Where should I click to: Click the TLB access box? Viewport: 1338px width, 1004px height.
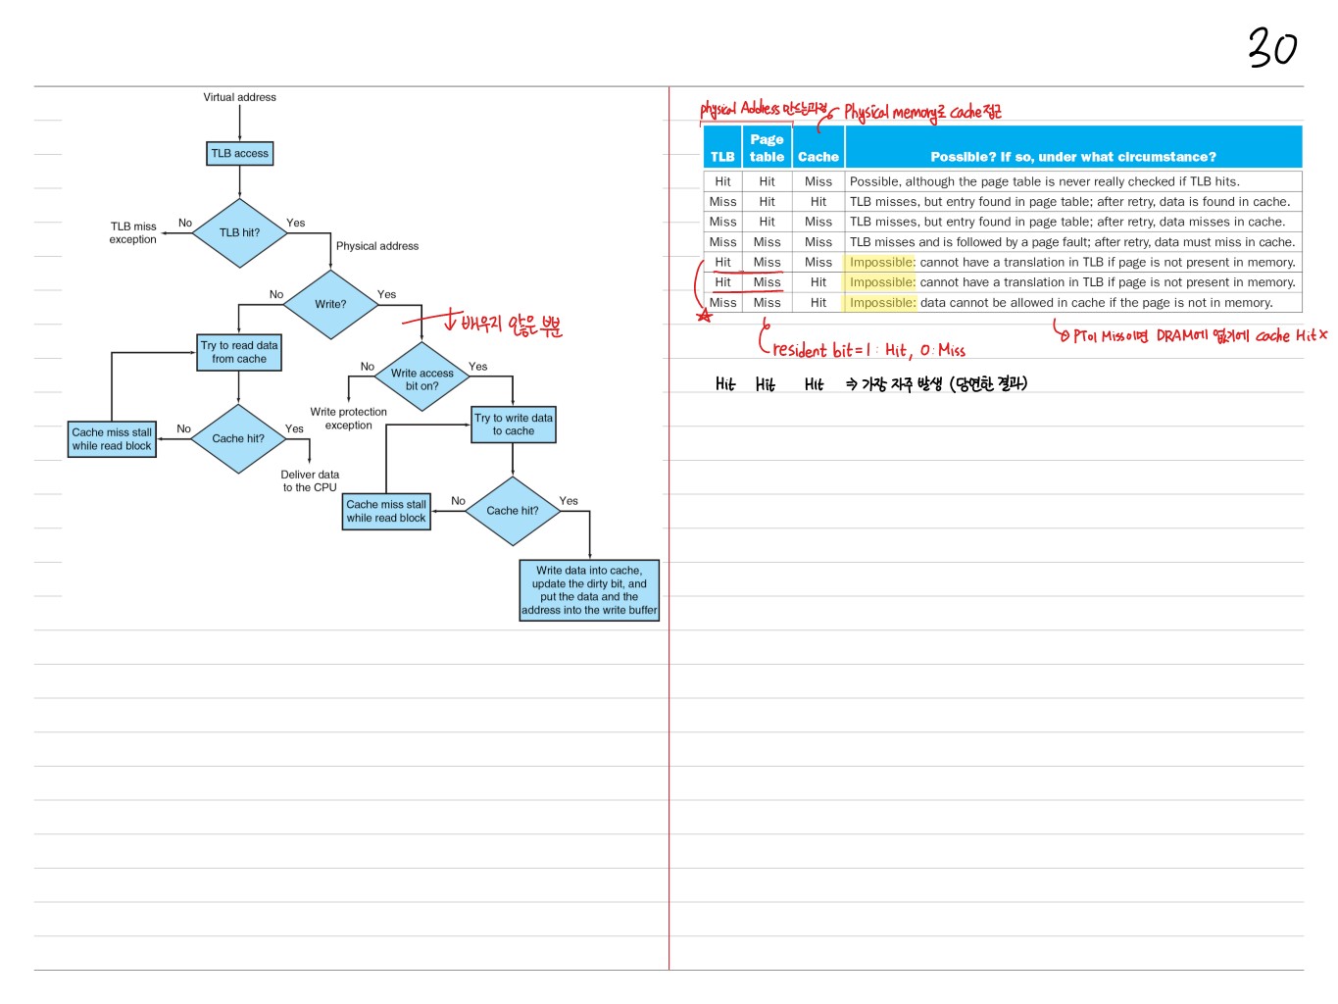(239, 154)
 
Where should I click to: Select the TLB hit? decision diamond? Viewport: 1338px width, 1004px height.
(239, 233)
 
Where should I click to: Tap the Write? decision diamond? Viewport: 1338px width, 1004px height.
(330, 304)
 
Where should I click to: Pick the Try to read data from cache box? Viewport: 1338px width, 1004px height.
(239, 353)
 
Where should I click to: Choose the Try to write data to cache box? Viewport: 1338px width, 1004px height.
(514, 425)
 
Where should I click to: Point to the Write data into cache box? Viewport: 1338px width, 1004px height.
(589, 590)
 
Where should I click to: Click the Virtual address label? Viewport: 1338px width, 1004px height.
(239, 97)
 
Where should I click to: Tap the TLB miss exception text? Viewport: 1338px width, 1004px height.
(133, 232)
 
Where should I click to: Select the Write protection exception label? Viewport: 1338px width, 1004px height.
(348, 419)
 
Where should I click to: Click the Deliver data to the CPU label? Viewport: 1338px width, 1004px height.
(310, 480)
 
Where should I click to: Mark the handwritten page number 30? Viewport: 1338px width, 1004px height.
(1272, 47)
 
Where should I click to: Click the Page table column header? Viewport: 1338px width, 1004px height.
(767, 148)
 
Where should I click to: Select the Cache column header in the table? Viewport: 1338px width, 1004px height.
(818, 157)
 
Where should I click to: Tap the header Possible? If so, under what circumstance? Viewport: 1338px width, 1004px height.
(1072, 157)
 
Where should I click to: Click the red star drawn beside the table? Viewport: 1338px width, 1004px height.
(704, 315)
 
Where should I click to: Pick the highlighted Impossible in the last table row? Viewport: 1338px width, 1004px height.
(881, 303)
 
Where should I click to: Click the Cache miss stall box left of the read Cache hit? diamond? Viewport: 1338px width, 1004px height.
(112, 439)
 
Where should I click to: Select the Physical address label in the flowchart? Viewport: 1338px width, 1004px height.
(377, 246)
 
